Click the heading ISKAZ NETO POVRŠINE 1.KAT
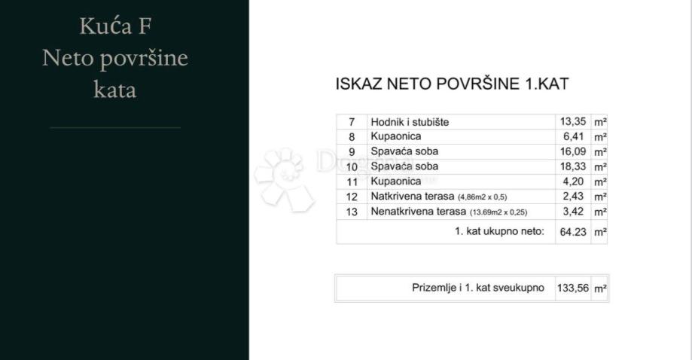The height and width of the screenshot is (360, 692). pos(451,84)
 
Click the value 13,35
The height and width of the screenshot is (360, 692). pos(572,122)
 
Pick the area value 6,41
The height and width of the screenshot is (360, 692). pos(574,137)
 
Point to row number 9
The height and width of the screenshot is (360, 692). pos(351,151)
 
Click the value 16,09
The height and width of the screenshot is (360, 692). pos(572,151)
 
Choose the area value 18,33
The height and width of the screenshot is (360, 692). pos(572,166)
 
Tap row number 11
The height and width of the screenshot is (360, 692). pos(351,182)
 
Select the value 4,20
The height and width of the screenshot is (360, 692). pos(574,182)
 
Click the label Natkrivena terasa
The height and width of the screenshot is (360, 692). pos(412,197)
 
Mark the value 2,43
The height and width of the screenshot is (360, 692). pos(574,197)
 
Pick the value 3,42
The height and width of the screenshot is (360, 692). pos(574,212)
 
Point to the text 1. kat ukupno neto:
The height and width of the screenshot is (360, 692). pos(499,232)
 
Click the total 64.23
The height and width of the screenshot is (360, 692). pos(572,232)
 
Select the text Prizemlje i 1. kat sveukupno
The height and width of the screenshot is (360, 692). pos(477,288)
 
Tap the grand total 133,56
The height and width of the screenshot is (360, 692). pos(572,288)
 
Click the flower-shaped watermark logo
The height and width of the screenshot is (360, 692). pos(283,178)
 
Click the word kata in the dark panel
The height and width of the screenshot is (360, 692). pos(114,90)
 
